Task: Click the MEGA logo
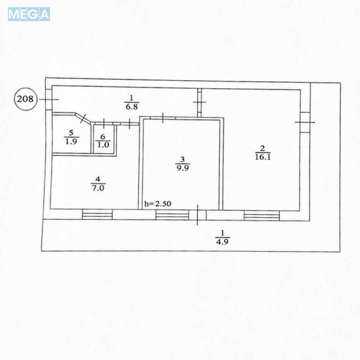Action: pyautogui.click(x=29, y=14)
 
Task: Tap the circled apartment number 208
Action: pyautogui.click(x=26, y=99)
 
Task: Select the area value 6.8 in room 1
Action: pyautogui.click(x=132, y=107)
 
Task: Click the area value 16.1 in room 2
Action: pyautogui.click(x=263, y=157)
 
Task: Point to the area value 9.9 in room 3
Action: pyautogui.click(x=183, y=168)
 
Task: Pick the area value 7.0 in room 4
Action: pyautogui.click(x=98, y=188)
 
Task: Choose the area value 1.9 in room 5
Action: pyautogui.click(x=71, y=141)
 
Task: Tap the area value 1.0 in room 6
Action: pyautogui.click(x=103, y=145)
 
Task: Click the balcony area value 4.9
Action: pyautogui.click(x=222, y=242)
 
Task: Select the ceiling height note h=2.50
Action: pyautogui.click(x=157, y=204)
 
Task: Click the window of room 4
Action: pyautogui.click(x=98, y=214)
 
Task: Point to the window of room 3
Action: pyautogui.click(x=172, y=215)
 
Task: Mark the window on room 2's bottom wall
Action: pyautogui.click(x=262, y=216)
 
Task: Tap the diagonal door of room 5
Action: pyautogui.click(x=83, y=118)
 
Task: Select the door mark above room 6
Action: pyautogui.click(x=104, y=123)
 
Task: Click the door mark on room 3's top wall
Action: pyautogui.click(x=163, y=118)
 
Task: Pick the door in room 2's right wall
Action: pyautogui.click(x=305, y=122)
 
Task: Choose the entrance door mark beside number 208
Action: pyautogui.click(x=48, y=100)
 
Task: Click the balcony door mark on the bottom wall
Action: pyautogui.click(x=197, y=215)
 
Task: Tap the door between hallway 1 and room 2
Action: pyautogui.click(x=200, y=102)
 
